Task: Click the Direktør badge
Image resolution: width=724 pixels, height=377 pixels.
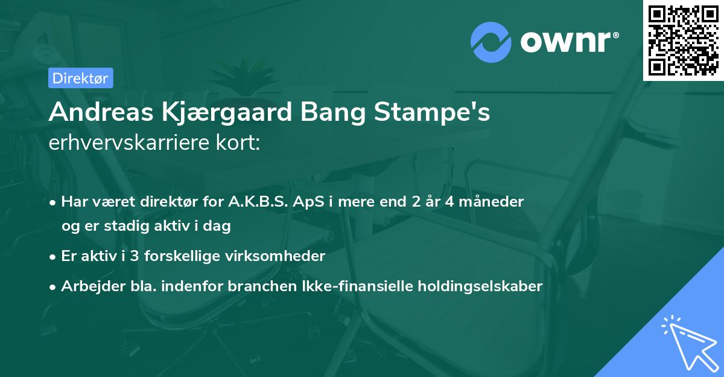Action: pyautogui.click(x=80, y=78)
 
